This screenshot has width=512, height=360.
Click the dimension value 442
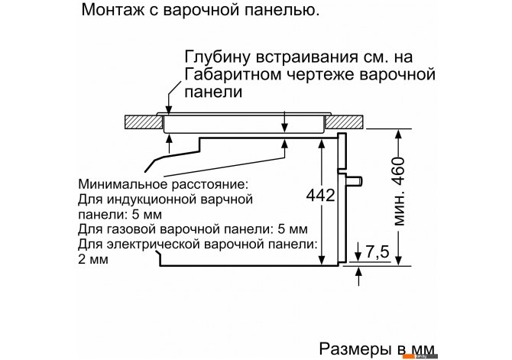[321, 196]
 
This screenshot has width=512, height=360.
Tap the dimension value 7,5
[378, 252]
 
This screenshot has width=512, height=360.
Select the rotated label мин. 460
[398, 191]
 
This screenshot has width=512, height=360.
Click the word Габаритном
[233, 74]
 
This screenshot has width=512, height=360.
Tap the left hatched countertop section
[144, 122]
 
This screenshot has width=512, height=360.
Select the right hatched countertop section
[344, 122]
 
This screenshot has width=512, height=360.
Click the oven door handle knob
[355, 180]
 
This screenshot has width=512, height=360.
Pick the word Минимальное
[123, 184]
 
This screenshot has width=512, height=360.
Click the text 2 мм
[93, 259]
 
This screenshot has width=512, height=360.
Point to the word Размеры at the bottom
[355, 349]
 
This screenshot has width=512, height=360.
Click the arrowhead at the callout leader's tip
[168, 110]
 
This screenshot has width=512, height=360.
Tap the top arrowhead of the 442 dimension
[322, 144]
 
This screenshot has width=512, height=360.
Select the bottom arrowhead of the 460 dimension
[398, 259]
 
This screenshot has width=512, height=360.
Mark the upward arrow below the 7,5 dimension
[359, 277]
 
